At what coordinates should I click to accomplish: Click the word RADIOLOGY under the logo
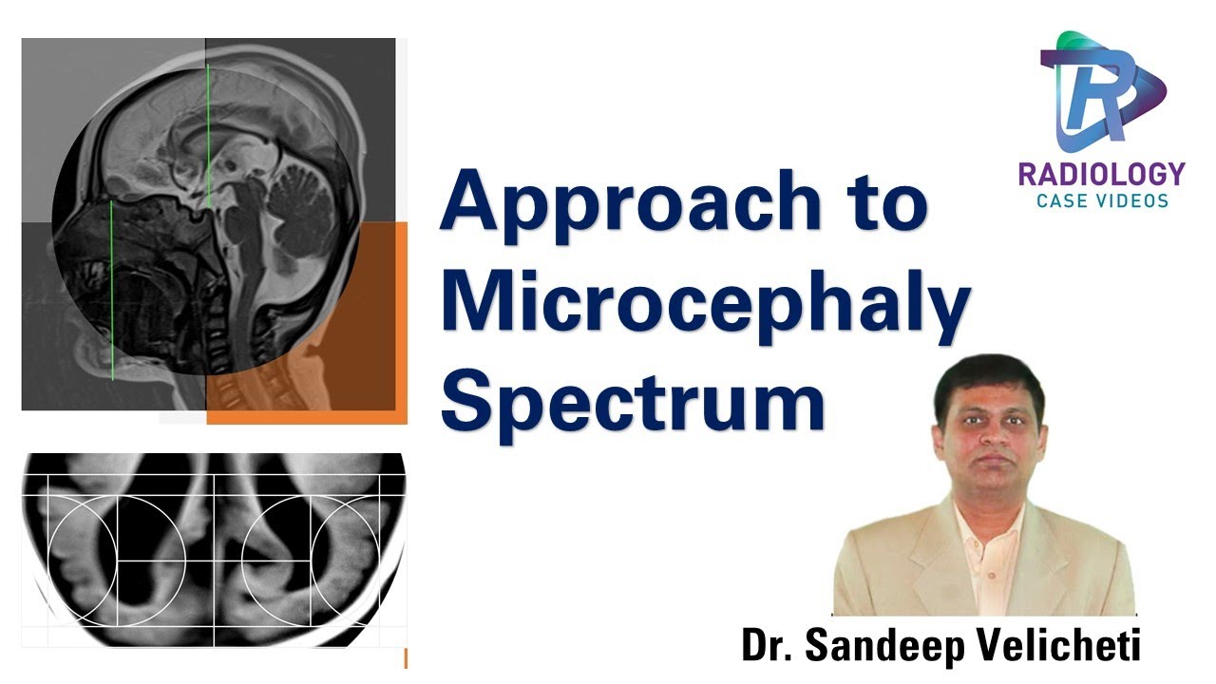1102,175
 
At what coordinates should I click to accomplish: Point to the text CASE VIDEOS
1102,200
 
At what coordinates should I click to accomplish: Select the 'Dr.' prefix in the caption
768,646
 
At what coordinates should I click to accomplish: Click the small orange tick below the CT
406,657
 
